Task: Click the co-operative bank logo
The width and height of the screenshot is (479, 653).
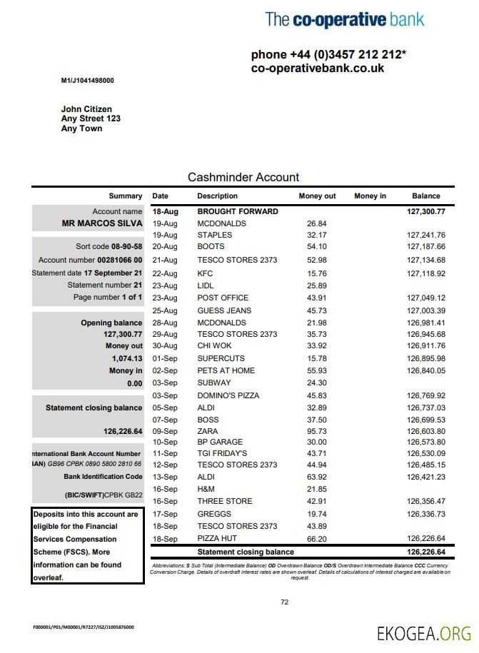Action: coord(345,19)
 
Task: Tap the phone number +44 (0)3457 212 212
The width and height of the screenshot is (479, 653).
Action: coord(328,55)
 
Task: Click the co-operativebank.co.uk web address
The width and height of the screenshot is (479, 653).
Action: coord(318,69)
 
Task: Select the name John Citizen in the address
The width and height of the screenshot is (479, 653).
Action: coord(86,109)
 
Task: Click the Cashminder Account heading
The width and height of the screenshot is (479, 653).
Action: coord(243,177)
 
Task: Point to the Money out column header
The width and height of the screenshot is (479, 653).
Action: coord(317,196)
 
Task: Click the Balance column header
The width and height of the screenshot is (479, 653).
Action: coord(426,196)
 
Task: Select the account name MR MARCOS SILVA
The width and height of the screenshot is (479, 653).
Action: coord(102,223)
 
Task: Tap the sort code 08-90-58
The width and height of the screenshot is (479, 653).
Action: coord(126,246)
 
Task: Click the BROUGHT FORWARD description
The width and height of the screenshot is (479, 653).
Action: coord(238,211)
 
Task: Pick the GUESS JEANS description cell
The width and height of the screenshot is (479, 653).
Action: coord(224,310)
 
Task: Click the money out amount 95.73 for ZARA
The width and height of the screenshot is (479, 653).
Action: coord(316,431)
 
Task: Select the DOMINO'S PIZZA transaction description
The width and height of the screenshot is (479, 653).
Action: coord(228,395)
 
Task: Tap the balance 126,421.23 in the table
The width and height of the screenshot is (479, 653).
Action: coord(426,477)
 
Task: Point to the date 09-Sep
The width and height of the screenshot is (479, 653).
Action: coord(165,431)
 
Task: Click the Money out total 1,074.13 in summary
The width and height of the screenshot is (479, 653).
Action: coord(127,358)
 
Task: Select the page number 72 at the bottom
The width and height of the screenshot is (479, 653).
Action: coord(284,602)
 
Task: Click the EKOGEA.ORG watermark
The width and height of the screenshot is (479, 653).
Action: coord(424,633)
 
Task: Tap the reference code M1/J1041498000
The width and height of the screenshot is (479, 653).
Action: coord(87,81)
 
